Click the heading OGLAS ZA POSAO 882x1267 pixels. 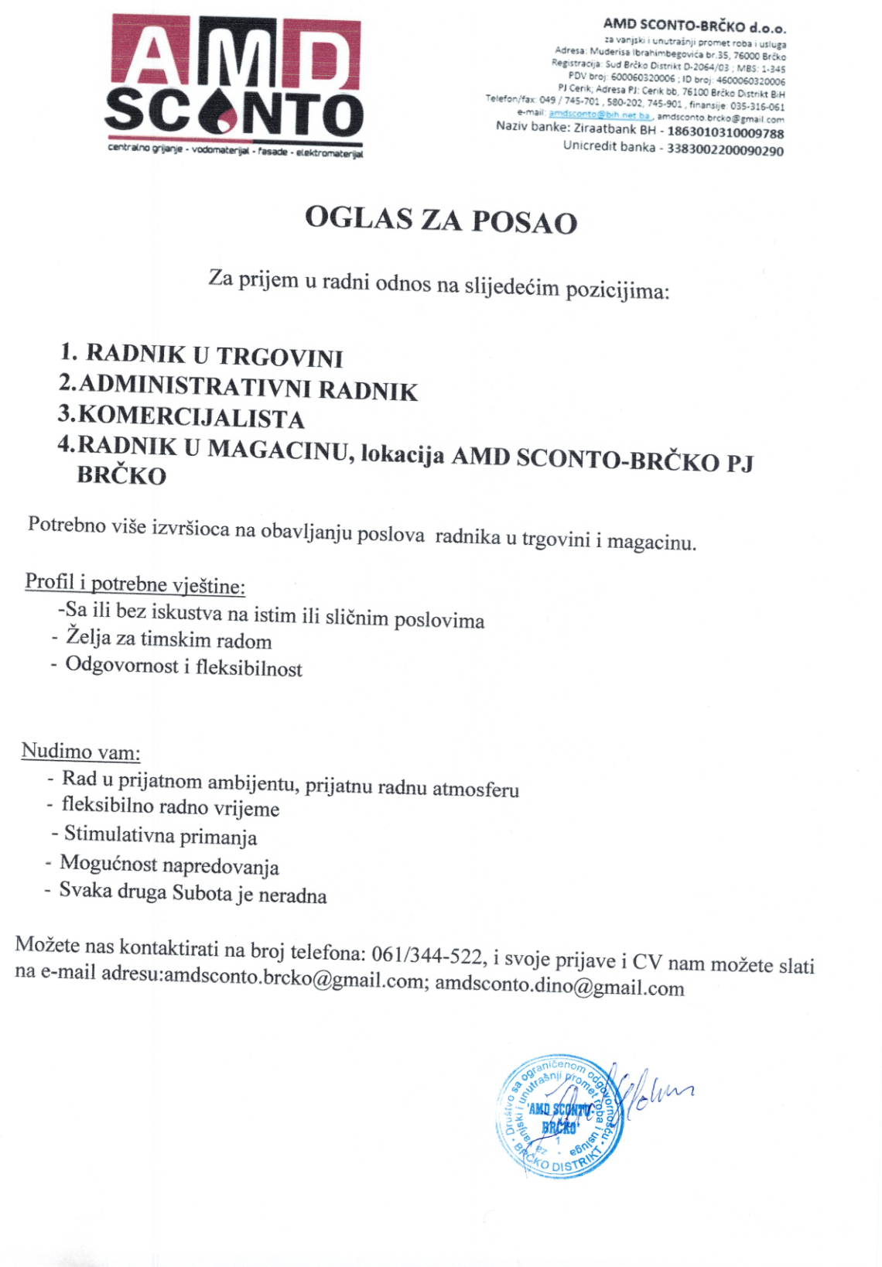click(x=441, y=220)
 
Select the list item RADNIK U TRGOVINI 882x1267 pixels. click(x=214, y=355)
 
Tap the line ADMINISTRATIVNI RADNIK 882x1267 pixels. click(x=248, y=387)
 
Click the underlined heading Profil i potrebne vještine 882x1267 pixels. click(x=135, y=584)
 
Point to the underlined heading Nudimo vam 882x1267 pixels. click(x=80, y=751)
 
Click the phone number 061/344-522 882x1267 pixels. click(x=427, y=955)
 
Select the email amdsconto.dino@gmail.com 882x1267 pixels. click(x=559, y=987)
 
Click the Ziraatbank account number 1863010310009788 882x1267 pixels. click(x=725, y=133)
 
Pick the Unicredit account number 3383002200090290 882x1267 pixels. click(x=725, y=149)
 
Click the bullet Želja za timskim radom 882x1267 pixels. click(x=169, y=639)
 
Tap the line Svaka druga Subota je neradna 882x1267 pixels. click(x=193, y=893)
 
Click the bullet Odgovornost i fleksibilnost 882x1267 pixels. click(x=183, y=666)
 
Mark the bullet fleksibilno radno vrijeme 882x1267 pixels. click(x=170, y=807)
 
